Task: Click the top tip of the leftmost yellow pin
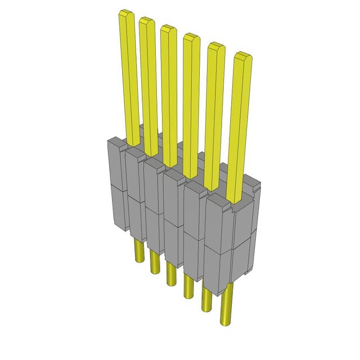(x=125, y=14)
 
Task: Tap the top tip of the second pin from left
(x=146, y=21)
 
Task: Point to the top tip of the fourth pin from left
(x=191, y=38)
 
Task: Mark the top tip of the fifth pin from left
(x=216, y=48)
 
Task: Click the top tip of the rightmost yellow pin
(x=242, y=56)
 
